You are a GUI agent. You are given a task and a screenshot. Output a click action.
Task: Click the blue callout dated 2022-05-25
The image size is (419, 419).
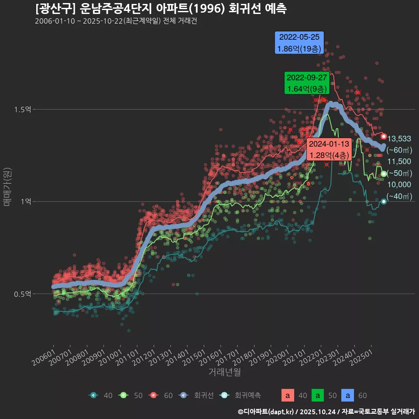pos(299,43)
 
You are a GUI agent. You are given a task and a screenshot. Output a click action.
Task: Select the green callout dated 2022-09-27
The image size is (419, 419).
pos(306,83)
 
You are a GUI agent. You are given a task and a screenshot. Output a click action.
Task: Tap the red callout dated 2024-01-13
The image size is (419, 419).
pos(329,149)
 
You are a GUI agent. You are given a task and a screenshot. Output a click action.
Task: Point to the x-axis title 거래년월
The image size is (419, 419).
pos(224,372)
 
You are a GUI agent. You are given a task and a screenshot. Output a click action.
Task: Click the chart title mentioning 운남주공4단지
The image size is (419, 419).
pos(161,9)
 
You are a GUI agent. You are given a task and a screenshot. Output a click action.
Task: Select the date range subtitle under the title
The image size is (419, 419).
pos(116,21)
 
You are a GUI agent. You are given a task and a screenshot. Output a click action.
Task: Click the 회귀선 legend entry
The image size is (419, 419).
pos(197,395)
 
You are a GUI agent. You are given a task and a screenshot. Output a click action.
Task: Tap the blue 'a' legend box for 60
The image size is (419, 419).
pos(347,395)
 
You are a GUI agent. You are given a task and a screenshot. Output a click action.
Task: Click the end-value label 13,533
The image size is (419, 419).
pos(399,139)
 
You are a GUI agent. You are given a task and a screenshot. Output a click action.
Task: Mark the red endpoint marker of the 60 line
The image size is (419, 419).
pos(384,137)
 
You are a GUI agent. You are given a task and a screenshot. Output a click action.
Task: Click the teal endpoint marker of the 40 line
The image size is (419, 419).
pos(384,202)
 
